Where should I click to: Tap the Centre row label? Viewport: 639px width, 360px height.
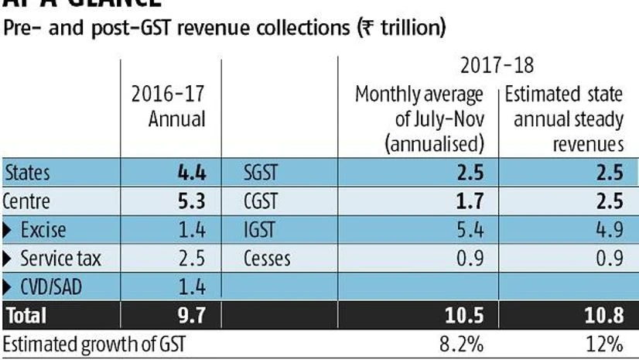27,202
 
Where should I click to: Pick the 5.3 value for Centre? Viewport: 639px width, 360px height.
189,202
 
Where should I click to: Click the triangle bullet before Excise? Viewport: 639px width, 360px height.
9,230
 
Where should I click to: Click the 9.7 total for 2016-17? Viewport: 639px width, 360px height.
190,315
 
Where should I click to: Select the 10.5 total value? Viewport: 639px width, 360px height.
464,315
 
